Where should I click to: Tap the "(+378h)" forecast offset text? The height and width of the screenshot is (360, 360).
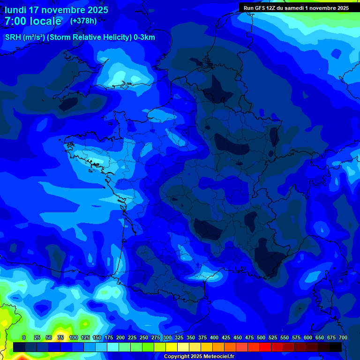click(x=83, y=21)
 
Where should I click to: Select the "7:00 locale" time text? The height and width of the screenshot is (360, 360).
click(x=33, y=21)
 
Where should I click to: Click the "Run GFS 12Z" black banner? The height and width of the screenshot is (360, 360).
click(x=296, y=7)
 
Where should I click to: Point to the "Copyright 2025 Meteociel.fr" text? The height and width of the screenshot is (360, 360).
click(x=199, y=357)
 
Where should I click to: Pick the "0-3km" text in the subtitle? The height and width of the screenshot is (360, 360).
click(x=144, y=37)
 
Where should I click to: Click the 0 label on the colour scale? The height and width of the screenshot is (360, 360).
click(x=24, y=337)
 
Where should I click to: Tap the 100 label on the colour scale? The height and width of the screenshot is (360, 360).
click(x=74, y=337)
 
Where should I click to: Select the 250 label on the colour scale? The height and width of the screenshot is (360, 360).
click(x=144, y=337)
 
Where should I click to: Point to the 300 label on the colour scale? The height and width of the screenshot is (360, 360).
click(x=167, y=337)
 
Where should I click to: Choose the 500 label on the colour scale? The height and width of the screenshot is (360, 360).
click(x=261, y=337)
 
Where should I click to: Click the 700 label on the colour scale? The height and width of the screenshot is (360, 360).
click(x=343, y=337)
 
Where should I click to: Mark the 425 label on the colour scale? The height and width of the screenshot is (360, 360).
click(x=226, y=337)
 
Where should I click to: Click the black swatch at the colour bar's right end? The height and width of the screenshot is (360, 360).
click(x=336, y=347)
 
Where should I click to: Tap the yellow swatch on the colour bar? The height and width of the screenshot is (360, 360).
click(x=172, y=347)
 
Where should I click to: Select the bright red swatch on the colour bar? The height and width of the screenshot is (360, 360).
click(x=265, y=347)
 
